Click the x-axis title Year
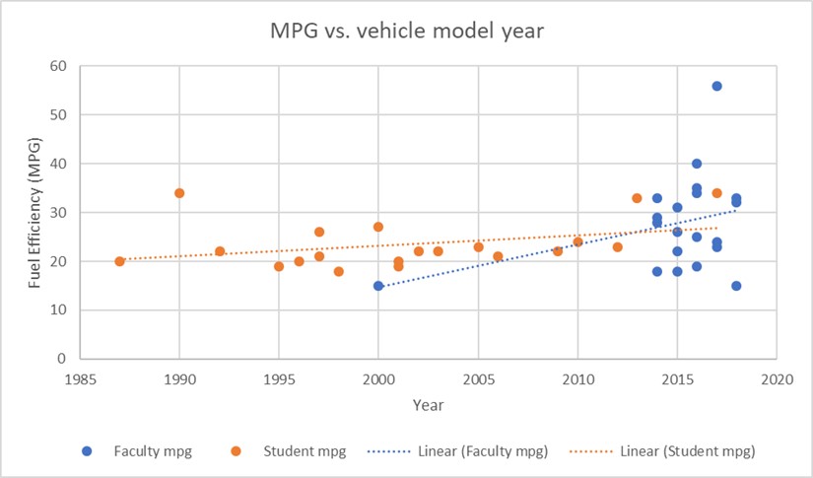428,404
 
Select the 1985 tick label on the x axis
80,379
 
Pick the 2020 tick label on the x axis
777,379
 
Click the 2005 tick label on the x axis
478,379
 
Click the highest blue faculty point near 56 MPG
716,86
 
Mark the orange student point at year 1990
179,193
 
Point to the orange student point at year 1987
119,261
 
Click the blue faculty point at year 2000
378,286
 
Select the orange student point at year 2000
378,227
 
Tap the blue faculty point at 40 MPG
697,164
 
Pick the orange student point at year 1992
220,251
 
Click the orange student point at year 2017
716,193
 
